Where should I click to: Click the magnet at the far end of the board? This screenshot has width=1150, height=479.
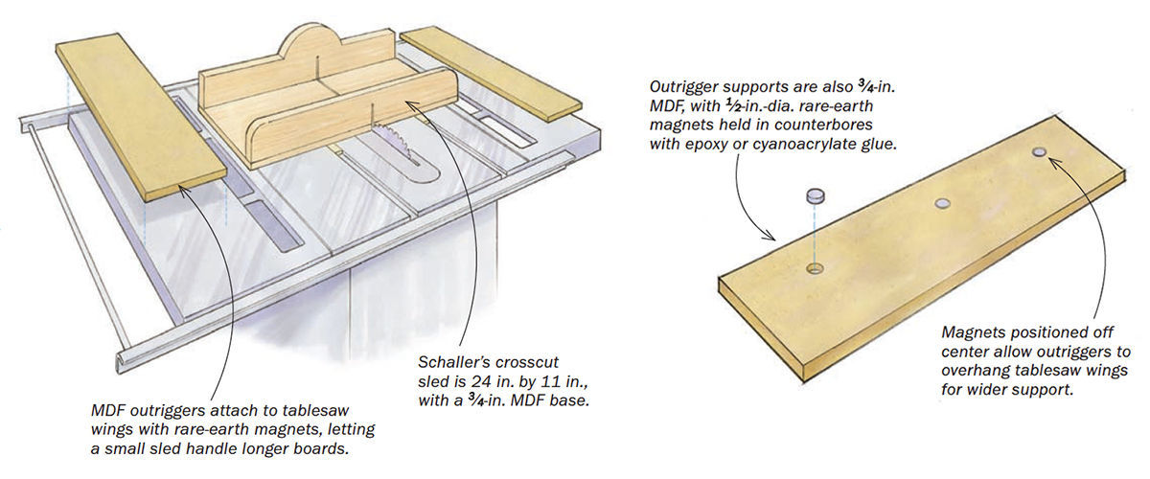(x=1040, y=152)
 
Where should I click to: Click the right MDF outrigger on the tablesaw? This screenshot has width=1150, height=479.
(x=491, y=72)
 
